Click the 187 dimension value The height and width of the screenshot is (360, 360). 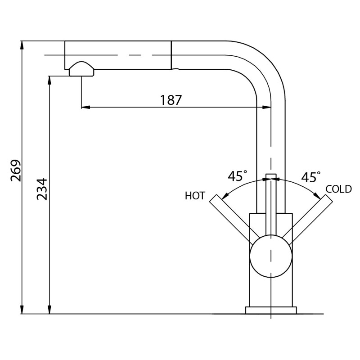pos(171,100)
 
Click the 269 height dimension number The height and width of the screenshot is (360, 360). pos(16,170)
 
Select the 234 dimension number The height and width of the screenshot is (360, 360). pos(42,189)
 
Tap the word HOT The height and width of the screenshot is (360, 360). pos(195,196)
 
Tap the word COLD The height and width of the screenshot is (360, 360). pos(339,189)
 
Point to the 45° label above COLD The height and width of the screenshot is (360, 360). pos(311,177)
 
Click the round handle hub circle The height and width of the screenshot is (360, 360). pos(271,256)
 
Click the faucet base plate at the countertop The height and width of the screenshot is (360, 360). pos(271,310)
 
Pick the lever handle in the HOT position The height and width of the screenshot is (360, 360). pos(233,219)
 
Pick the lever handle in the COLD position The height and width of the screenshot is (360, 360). pos(309,219)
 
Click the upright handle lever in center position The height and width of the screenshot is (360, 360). pos(271,205)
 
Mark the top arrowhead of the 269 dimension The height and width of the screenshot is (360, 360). pos(22,45)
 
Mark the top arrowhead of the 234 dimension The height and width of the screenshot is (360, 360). pos(49,80)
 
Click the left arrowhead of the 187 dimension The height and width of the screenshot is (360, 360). pos(85,107)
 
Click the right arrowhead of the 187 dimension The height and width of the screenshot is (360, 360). pos(267,107)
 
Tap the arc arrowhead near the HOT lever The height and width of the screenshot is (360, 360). pos(225,196)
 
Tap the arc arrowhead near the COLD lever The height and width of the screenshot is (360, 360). pos(317,196)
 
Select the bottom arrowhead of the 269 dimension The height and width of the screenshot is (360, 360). pos(22,310)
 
